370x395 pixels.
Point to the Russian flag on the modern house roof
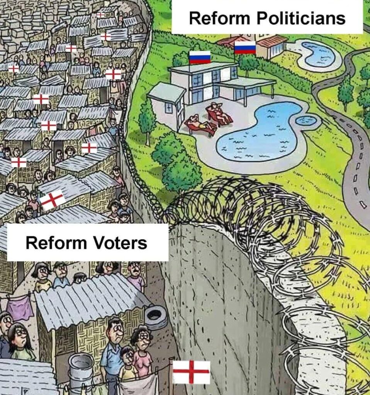(x=200, y=57)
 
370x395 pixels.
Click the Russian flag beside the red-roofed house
(x=245, y=47)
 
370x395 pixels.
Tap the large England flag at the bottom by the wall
(x=191, y=372)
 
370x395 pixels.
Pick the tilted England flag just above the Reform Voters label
(x=52, y=199)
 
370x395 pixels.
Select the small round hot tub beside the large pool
(x=306, y=121)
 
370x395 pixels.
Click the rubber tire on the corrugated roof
(x=156, y=316)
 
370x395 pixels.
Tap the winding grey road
(x=357, y=162)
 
